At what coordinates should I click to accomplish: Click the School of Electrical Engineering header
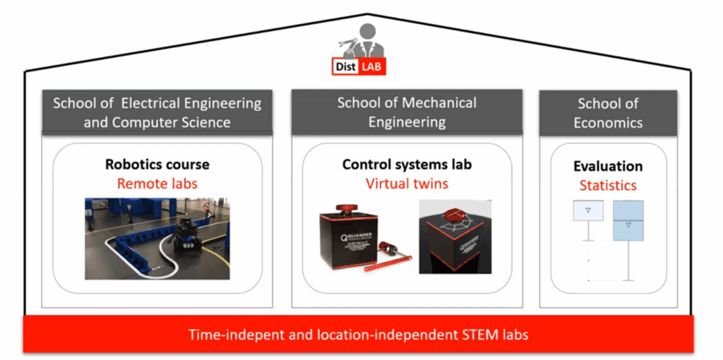[x=157, y=112]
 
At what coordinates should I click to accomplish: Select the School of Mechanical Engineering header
[x=407, y=112]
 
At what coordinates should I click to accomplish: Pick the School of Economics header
[x=608, y=112]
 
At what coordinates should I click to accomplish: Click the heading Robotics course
[x=157, y=164]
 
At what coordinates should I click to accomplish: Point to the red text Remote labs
[x=157, y=183]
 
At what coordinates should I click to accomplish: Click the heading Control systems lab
[x=407, y=164]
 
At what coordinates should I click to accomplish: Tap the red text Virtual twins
[x=407, y=184]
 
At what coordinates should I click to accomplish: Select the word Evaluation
[x=608, y=167]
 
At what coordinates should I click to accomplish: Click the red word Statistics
[x=608, y=186]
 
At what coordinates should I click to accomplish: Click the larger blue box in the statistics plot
[x=628, y=226]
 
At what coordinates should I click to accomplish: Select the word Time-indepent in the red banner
[x=232, y=334]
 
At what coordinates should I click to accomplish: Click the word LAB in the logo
[x=373, y=66]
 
